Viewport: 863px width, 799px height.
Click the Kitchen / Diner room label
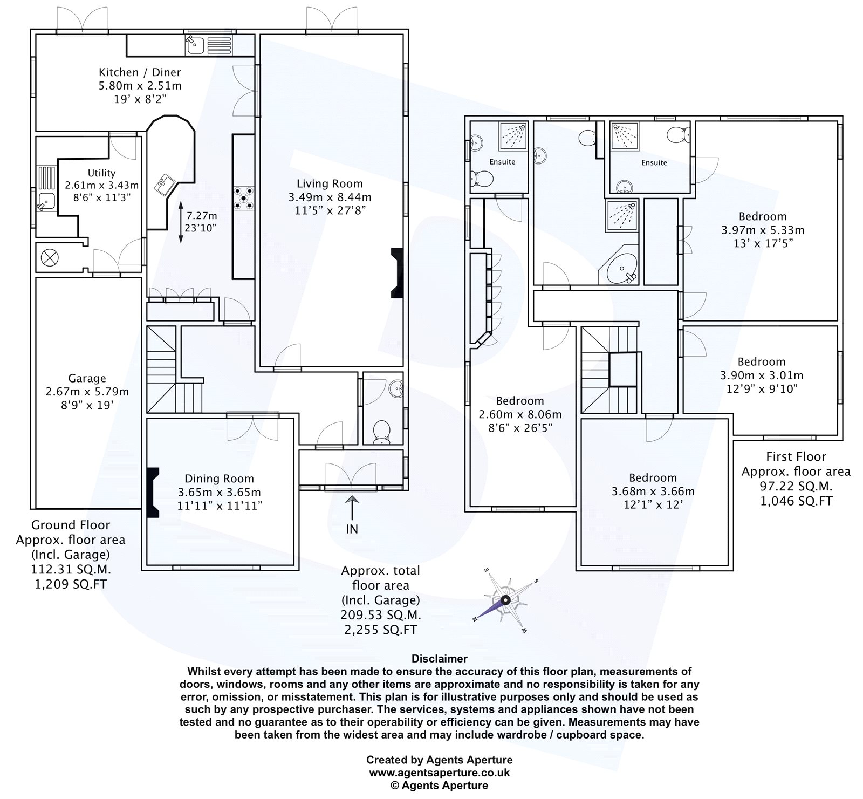coord(139,72)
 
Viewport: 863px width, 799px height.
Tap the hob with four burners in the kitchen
coord(243,197)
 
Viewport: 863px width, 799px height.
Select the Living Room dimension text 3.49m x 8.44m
coord(330,197)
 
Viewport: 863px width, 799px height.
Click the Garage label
coord(87,378)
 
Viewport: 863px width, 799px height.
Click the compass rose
coord(505,600)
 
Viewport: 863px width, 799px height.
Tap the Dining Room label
coord(219,479)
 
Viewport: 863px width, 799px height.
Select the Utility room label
coord(101,173)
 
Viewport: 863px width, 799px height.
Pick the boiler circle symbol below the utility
coord(50,257)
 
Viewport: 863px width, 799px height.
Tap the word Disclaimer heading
coord(439,659)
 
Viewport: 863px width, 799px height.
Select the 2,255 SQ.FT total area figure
coord(380,629)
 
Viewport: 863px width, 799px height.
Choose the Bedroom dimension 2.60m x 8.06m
coord(520,414)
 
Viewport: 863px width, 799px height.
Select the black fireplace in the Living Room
coord(397,272)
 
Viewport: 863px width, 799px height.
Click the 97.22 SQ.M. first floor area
coord(796,486)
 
